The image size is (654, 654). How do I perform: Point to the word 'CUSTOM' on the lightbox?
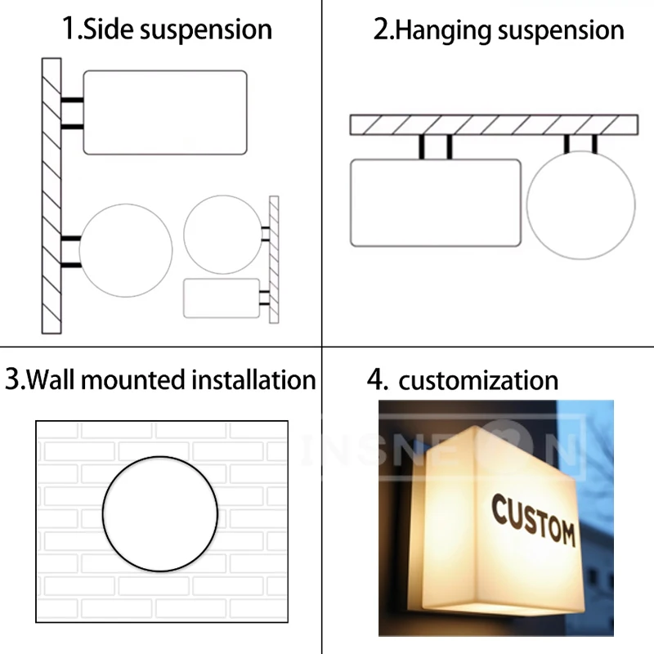(533, 521)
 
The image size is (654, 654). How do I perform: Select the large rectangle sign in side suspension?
(165, 112)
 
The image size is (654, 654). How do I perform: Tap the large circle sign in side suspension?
(126, 250)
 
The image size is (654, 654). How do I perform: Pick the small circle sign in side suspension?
(222, 235)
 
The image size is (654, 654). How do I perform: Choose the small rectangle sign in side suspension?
(222, 298)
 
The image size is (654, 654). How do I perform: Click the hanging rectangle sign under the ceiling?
(435, 203)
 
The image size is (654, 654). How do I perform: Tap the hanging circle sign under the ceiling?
(580, 205)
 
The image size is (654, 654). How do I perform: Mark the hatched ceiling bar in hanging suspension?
(493, 124)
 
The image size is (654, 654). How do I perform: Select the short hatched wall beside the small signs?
(274, 259)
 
